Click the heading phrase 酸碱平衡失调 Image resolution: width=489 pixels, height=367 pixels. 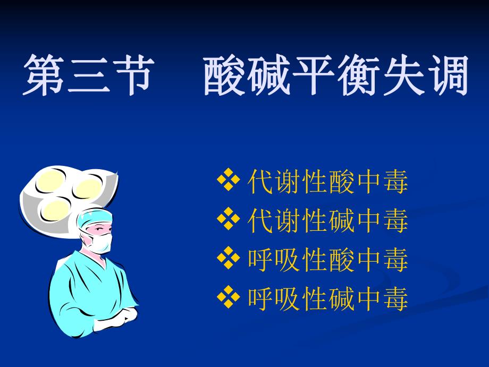[x=336, y=76]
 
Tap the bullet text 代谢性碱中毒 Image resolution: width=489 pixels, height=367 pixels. [x=328, y=222]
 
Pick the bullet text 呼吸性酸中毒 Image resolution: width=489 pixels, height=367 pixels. [x=328, y=261]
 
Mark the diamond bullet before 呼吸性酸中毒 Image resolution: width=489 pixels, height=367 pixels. [x=229, y=260]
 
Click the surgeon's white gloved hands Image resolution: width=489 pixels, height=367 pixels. [x=120, y=317]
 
